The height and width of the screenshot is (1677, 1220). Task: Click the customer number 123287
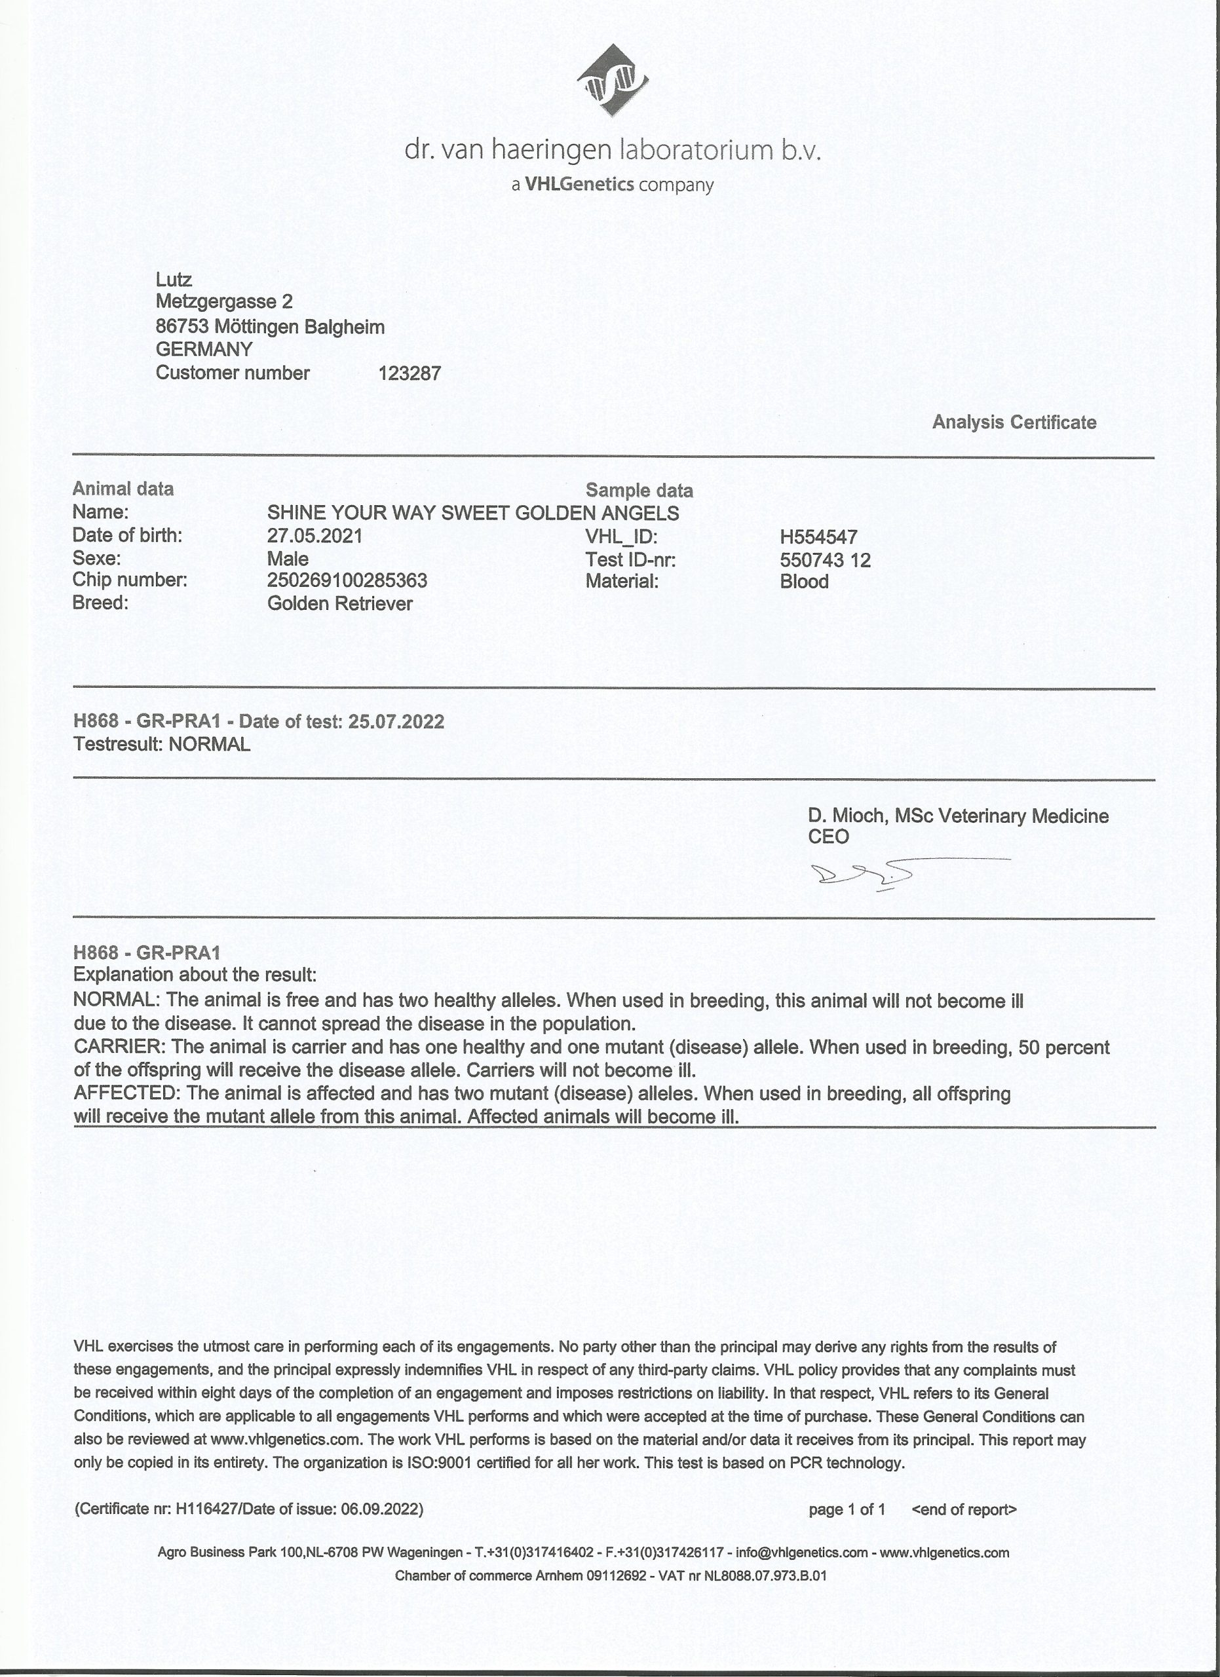pyautogui.click(x=409, y=373)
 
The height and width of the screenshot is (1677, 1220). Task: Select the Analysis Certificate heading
pyautogui.click(x=1014, y=423)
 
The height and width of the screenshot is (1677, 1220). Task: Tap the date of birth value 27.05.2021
pyautogui.click(x=315, y=535)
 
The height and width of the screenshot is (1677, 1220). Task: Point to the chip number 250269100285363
pyautogui.click(x=347, y=580)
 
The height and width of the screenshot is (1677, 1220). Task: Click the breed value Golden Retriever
pyautogui.click(x=339, y=603)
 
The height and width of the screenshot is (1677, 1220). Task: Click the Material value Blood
pyautogui.click(x=804, y=581)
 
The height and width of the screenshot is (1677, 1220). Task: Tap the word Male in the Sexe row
pyautogui.click(x=288, y=558)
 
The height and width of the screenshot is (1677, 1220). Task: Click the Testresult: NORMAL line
pyautogui.click(x=162, y=744)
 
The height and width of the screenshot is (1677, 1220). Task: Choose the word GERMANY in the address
pyautogui.click(x=204, y=349)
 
